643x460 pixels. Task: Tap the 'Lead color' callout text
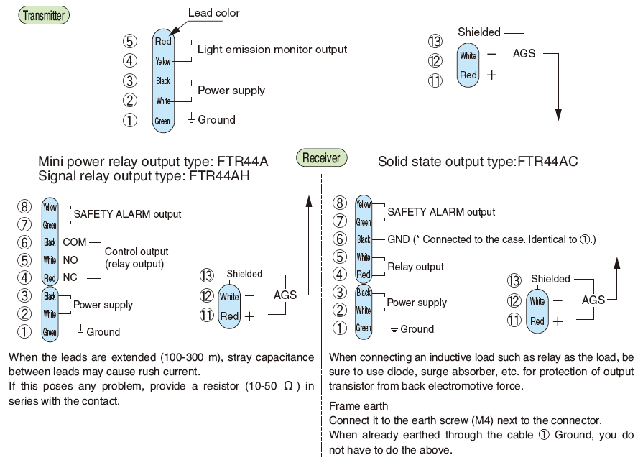coord(214,12)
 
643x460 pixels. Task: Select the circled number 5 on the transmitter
coord(130,41)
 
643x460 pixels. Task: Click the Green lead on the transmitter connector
coord(163,121)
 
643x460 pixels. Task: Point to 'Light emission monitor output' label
coord(272,50)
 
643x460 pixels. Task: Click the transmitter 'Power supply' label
coord(231,91)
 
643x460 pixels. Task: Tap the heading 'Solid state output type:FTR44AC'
coord(478,162)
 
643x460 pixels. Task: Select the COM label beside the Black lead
coord(75,242)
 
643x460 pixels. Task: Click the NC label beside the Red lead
coord(70,277)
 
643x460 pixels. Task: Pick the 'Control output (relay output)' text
coord(137,258)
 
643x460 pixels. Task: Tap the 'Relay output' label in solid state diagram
coord(415,267)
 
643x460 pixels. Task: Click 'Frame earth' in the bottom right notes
coord(358,406)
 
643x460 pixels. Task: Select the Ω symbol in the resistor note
coord(288,386)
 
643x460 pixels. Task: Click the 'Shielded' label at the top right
coord(478,32)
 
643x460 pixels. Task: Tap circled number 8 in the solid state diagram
coord(340,203)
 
